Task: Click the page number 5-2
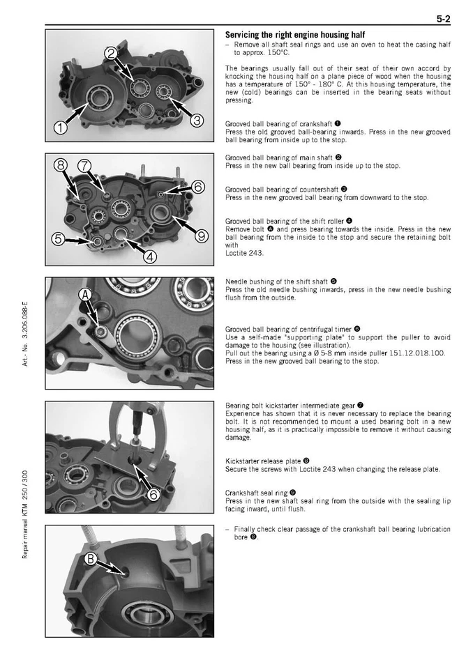[443, 20]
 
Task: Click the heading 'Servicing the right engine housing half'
[294, 35]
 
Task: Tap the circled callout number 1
[61, 128]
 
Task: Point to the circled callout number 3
[197, 121]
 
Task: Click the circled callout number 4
[150, 256]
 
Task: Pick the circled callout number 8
[61, 165]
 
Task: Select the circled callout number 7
[85, 165]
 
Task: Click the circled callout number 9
[201, 236]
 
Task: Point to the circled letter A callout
[85, 295]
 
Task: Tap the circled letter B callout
[91, 559]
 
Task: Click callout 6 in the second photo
[197, 186]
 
